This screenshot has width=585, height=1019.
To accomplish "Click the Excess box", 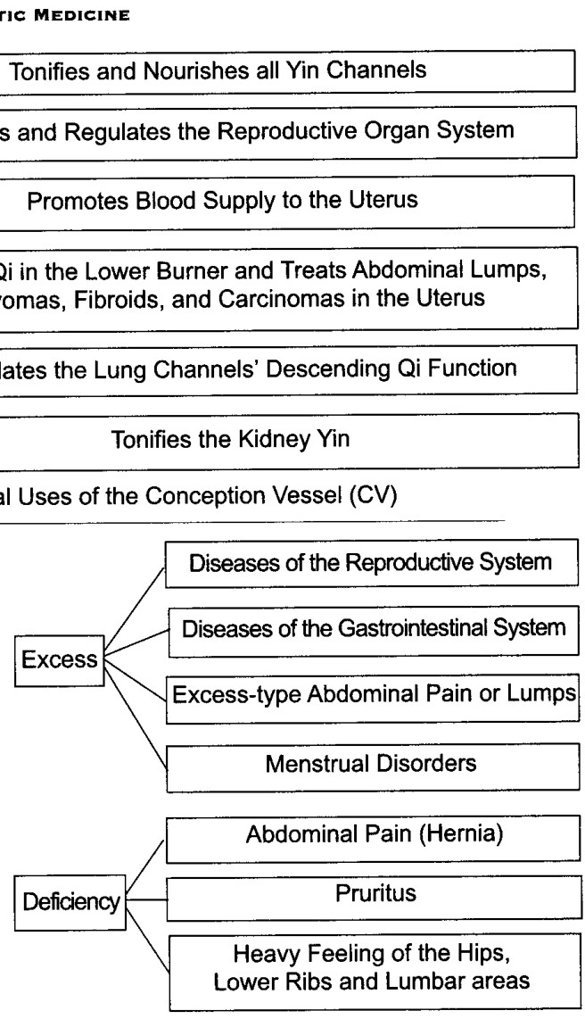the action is pyautogui.click(x=59, y=660).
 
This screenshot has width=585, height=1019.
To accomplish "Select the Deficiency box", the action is pyautogui.click(x=70, y=902).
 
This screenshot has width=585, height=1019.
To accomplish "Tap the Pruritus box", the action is pyautogui.click(x=374, y=899).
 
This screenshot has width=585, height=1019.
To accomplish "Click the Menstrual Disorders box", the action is pyautogui.click(x=373, y=767).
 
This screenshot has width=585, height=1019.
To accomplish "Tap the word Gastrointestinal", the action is pyautogui.click(x=412, y=629).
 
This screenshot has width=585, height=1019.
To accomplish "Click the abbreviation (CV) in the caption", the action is pyautogui.click(x=373, y=496).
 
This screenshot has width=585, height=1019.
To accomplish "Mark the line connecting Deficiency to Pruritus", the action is pyautogui.click(x=147, y=900).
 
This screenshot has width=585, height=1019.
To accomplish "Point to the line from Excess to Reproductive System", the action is pyautogui.click(x=135, y=611).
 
